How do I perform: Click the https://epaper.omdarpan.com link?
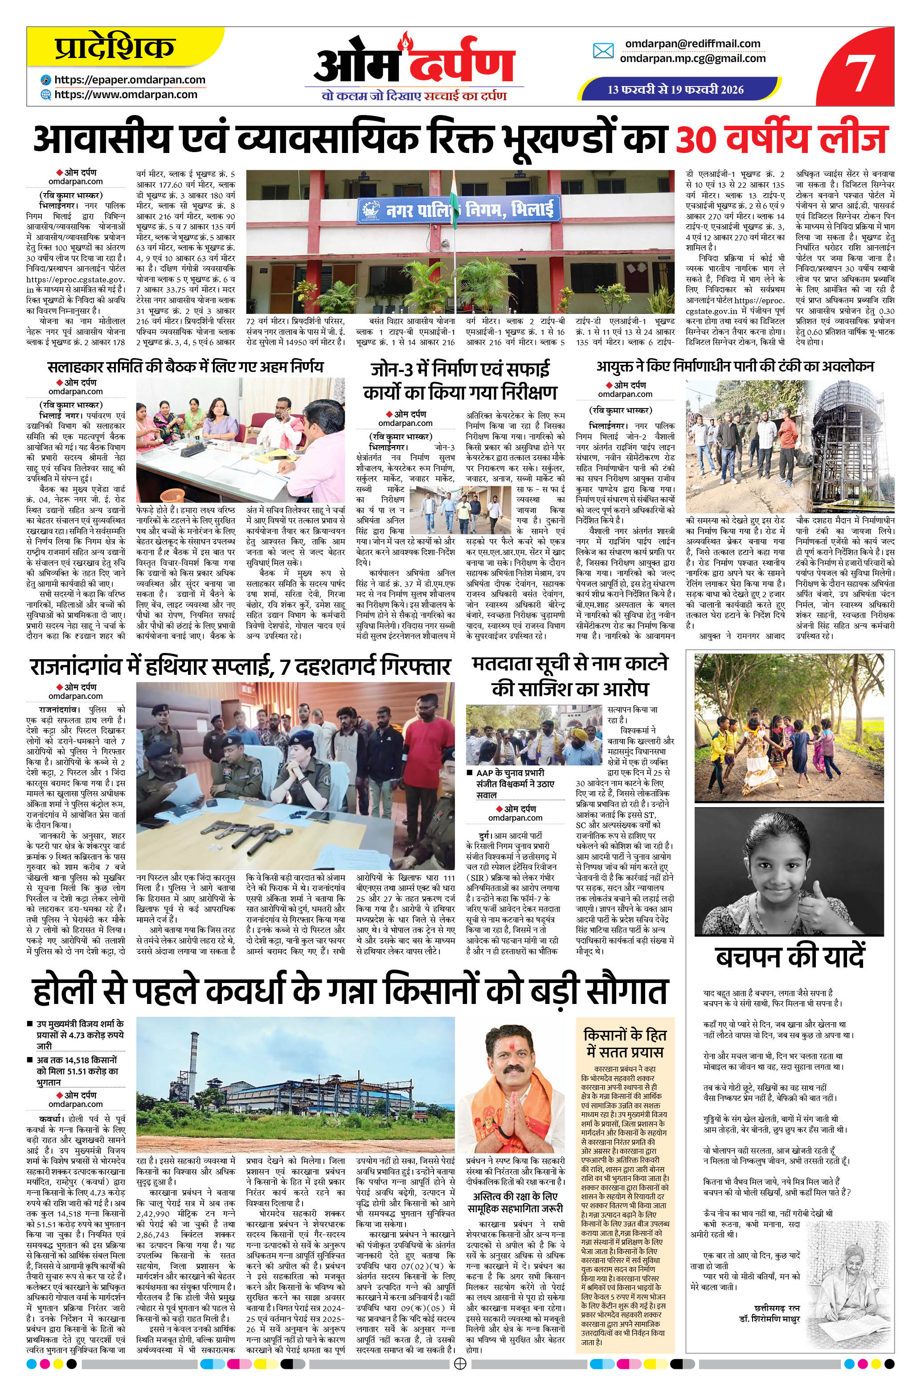click(x=130, y=80)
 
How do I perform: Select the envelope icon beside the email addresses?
click(x=603, y=51)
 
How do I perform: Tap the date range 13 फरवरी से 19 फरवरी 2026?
click(x=675, y=90)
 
